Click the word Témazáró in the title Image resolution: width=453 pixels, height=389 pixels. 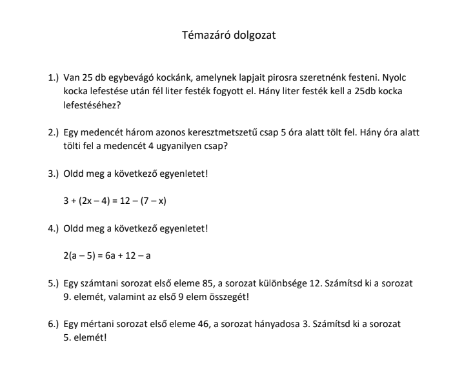(x=204, y=35)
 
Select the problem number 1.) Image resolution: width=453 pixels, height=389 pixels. (x=54, y=78)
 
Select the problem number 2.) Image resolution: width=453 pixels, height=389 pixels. (x=54, y=133)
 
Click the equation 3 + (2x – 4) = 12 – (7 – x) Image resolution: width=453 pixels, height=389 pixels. (x=115, y=201)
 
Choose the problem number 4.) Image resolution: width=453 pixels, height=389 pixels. (x=54, y=228)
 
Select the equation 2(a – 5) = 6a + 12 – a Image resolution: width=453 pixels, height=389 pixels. (x=107, y=255)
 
